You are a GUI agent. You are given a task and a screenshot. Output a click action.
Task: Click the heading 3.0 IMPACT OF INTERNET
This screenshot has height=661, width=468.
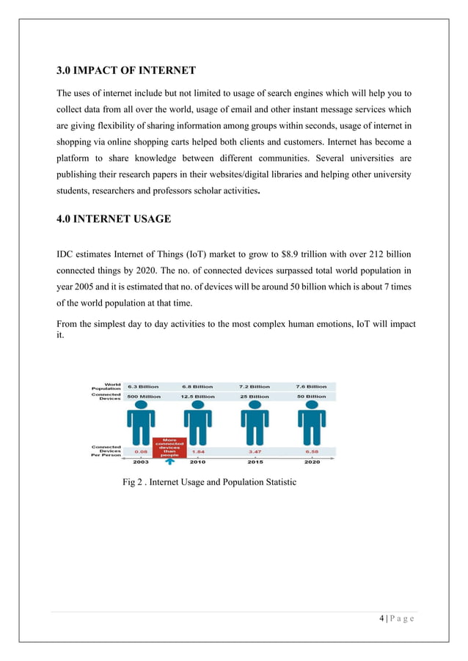127,71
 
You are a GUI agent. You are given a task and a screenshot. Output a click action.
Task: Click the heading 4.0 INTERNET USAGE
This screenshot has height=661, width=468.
114,219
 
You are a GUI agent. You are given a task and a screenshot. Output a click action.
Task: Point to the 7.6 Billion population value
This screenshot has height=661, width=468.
311,386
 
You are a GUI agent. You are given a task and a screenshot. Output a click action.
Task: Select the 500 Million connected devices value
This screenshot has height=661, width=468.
143,396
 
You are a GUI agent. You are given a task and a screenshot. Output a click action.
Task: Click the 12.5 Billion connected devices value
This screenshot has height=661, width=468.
198,396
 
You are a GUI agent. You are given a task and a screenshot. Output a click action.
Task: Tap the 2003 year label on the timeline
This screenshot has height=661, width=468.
139,462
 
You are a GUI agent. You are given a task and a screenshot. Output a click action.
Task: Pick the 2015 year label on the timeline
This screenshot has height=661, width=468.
255,462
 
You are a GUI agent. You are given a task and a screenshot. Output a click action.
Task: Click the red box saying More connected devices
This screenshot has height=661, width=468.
169,446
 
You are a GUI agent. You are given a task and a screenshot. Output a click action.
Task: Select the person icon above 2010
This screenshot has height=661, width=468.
198,425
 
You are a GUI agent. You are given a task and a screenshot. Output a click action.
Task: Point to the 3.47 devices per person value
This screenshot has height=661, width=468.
255,452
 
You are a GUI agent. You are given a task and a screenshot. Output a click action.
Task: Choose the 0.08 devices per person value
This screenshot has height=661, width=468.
139,452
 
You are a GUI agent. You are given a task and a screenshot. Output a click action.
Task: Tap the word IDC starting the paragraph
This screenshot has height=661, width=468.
67,254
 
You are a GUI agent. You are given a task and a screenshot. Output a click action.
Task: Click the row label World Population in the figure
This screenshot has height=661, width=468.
106,385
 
